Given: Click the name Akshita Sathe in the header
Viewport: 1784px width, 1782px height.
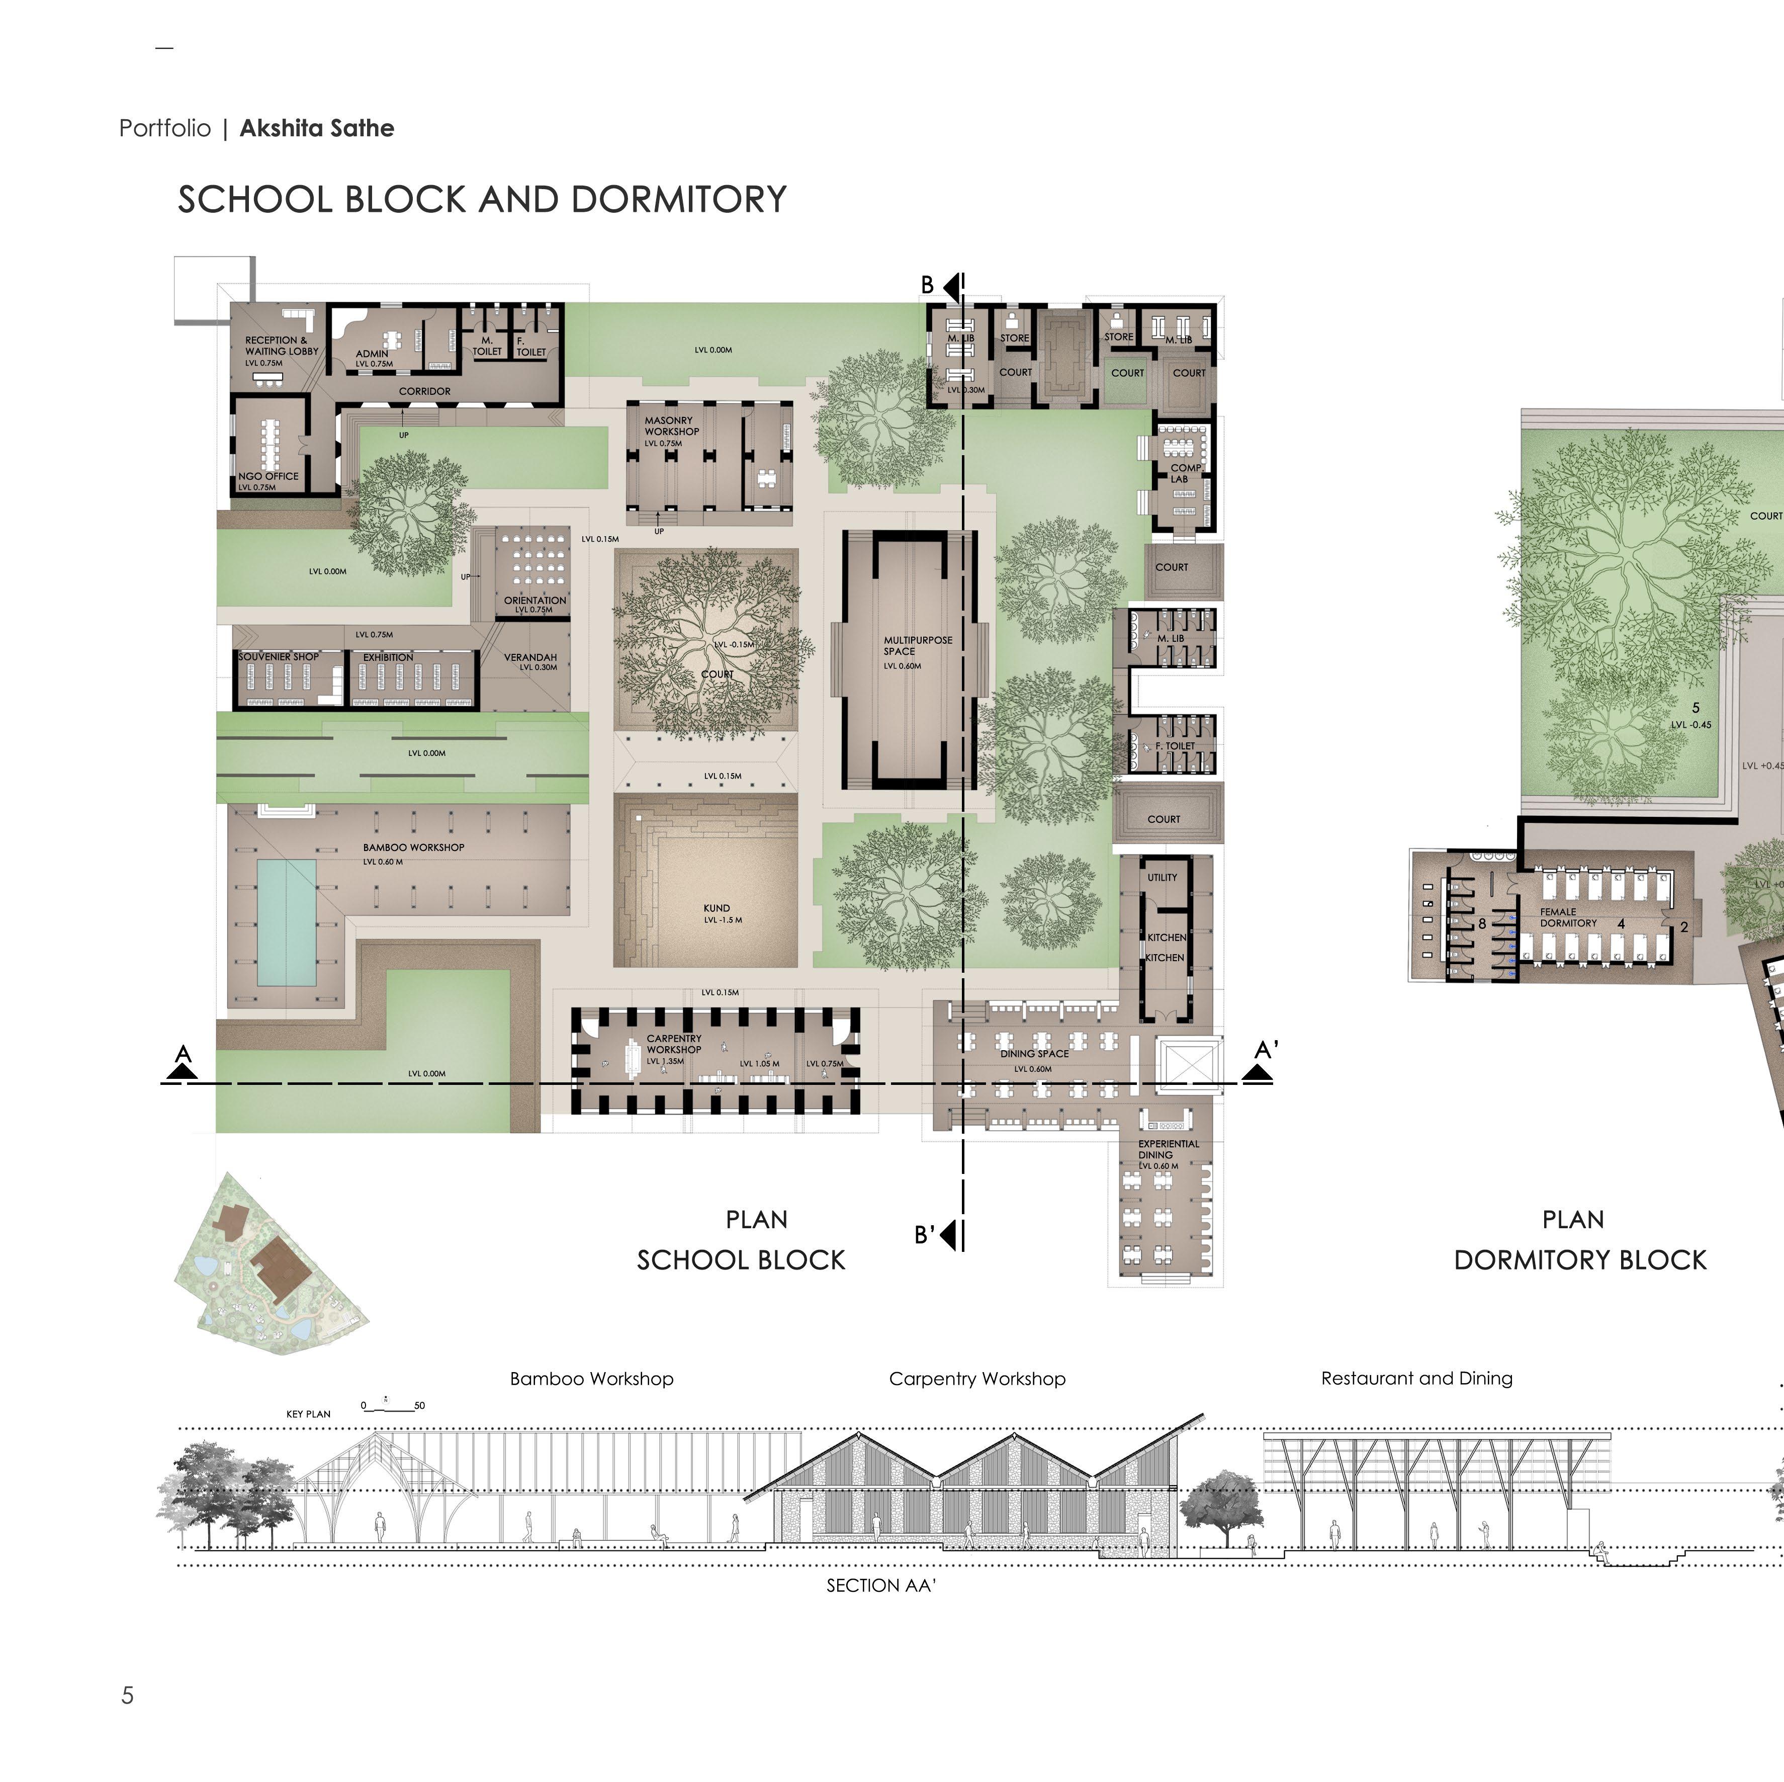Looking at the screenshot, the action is coord(317,128).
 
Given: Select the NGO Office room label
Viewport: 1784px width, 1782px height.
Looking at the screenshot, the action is coord(269,477).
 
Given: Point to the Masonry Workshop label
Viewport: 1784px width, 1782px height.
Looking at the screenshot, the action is coord(671,426).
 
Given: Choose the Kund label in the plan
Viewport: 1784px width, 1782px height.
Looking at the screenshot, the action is coord(717,908).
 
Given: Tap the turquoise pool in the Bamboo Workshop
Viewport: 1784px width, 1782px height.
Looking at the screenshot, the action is coord(286,922).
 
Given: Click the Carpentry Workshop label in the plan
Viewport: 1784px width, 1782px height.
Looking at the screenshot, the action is coord(674,1044).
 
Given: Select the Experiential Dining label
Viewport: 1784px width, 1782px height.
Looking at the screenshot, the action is coord(1168,1149).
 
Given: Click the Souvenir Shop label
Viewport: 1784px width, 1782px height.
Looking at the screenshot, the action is coord(278,657).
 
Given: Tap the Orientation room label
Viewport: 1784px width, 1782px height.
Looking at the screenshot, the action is coord(534,601).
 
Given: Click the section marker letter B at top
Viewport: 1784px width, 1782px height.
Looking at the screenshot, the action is coord(927,286).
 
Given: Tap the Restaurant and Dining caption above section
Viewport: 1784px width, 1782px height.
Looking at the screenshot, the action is coord(1416,1378).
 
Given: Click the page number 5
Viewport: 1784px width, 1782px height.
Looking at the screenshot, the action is coord(127,1695).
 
